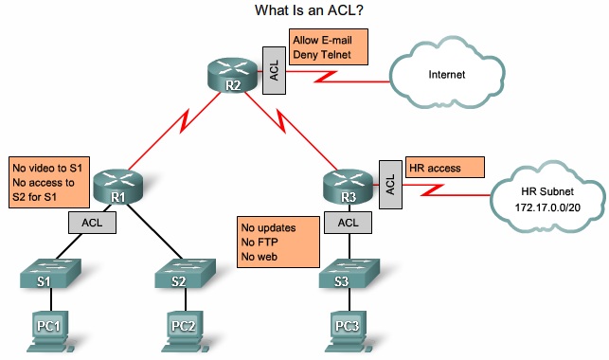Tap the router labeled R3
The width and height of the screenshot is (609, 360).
(348, 183)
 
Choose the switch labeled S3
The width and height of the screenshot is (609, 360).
(348, 276)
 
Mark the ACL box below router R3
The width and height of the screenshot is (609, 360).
(348, 224)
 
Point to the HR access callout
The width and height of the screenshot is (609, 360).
(444, 169)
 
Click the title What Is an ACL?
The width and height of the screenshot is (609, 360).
(304, 11)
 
